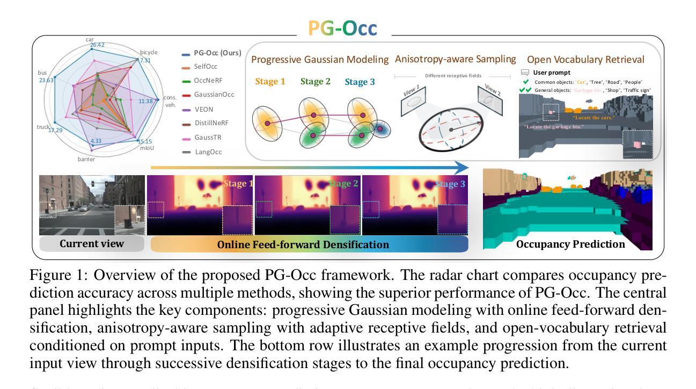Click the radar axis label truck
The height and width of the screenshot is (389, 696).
tap(43, 127)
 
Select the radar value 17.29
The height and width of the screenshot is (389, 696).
tap(56, 131)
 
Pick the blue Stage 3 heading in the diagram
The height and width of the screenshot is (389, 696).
tap(360, 82)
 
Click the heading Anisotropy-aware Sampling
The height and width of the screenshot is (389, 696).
tap(456, 59)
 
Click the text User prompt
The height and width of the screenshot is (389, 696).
tap(552, 72)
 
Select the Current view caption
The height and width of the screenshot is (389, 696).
tap(92, 243)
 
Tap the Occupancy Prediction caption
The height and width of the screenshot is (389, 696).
tap(571, 244)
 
